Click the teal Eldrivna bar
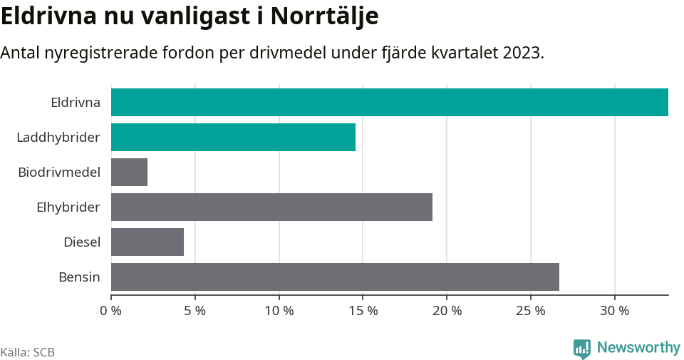[389, 102]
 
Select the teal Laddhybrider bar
[233, 137]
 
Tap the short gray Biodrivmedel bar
[129, 172]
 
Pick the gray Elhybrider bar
[271, 207]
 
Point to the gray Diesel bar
[147, 242]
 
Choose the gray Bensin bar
[335, 277]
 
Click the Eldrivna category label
[76, 102]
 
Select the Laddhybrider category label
[58, 137]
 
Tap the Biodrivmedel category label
[59, 172]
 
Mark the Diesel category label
[82, 242]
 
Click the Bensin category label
[79, 277]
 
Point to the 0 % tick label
[111, 311]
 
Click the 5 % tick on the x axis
[195, 311]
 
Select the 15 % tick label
[363, 311]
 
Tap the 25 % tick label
[531, 311]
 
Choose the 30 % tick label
[614, 311]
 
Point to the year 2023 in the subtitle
[522, 53]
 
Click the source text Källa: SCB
[28, 352]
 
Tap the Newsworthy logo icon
[581, 348]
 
